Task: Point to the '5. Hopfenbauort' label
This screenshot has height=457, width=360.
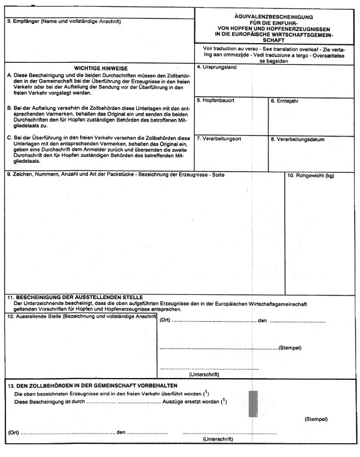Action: tap(215, 100)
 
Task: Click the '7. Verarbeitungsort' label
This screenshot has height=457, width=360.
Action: tap(219, 139)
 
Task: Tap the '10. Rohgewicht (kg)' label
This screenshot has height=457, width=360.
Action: tap(310, 176)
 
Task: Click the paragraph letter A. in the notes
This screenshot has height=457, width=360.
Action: tap(9, 75)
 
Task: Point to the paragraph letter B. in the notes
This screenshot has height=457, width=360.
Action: tap(9, 108)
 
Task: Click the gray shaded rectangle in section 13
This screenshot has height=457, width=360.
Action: tap(253, 404)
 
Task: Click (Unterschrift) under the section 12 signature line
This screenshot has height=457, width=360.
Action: tap(204, 374)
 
